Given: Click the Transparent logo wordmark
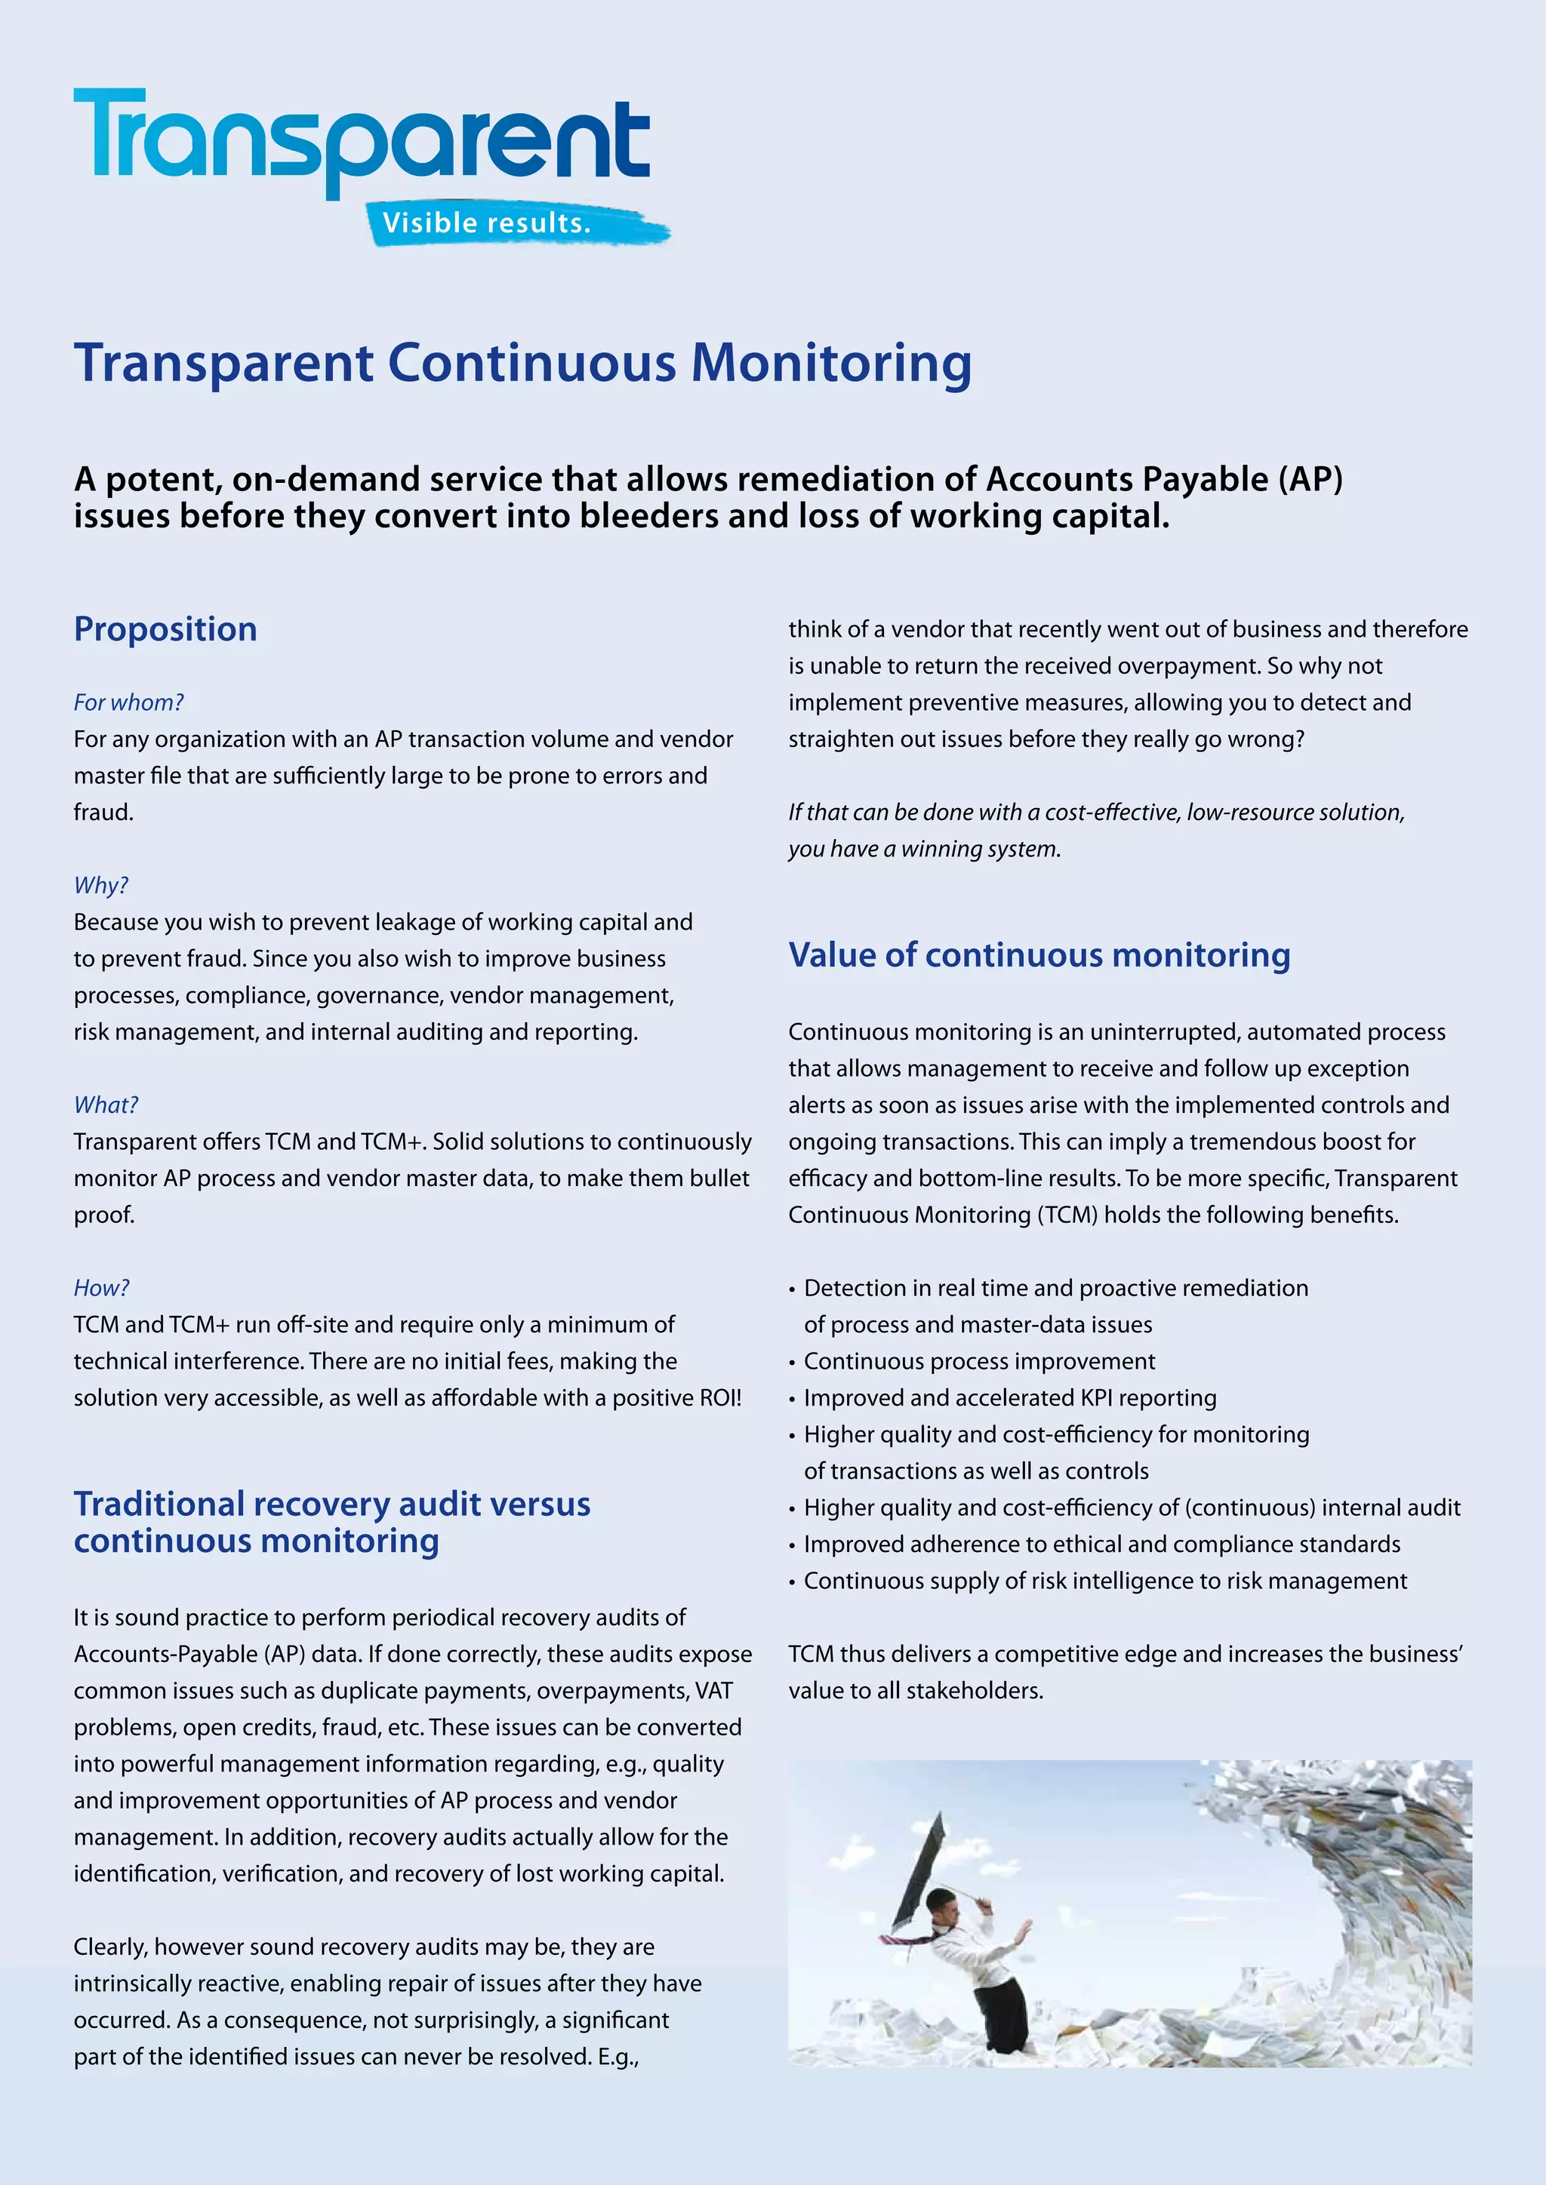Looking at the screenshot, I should click(x=362, y=138).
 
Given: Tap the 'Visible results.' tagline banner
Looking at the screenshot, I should click(x=488, y=223).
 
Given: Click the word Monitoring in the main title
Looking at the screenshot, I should click(x=830, y=364).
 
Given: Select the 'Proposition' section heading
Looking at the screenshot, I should click(x=165, y=629).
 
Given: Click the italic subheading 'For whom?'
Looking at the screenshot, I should click(x=128, y=702).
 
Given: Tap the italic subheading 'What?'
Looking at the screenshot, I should click(x=106, y=1105).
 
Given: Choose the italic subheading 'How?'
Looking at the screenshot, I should click(x=101, y=1288).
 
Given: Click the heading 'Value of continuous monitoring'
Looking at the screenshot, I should click(x=1039, y=954).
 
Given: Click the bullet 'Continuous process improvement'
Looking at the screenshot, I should click(x=978, y=1361).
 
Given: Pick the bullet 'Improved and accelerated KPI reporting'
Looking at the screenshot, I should click(x=1009, y=1397).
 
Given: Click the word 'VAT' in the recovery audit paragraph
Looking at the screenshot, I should click(x=714, y=1690).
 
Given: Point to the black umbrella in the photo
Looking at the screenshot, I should click(x=919, y=1865).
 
